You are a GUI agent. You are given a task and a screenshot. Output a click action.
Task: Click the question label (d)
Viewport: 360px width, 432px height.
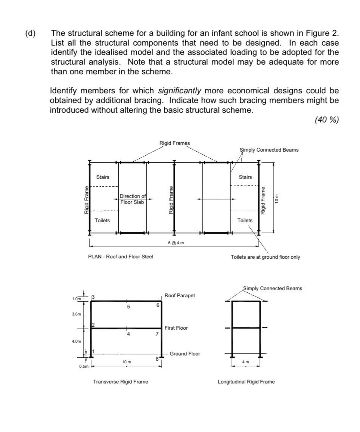point(30,33)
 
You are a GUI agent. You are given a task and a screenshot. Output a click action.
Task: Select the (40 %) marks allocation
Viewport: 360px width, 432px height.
point(326,120)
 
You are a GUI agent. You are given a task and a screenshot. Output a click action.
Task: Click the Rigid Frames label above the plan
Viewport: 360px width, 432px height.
point(174,143)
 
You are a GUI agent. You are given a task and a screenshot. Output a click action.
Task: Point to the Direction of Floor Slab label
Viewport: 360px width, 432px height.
point(132,199)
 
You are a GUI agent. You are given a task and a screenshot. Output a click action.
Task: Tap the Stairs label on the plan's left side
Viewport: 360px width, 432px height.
point(103,177)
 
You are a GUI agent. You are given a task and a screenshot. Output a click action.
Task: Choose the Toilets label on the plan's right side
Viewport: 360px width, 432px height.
point(245,220)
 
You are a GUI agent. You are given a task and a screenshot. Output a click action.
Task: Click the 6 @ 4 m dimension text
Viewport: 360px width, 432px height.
point(176,243)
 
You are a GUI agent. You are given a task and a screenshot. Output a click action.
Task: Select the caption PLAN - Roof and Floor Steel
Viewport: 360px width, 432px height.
point(120,257)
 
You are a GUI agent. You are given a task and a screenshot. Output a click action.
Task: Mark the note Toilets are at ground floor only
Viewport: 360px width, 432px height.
point(265,257)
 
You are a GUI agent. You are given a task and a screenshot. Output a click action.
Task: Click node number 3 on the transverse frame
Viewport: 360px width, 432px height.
point(93,297)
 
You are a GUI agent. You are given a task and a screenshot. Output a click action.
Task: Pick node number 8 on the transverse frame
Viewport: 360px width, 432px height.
point(157,359)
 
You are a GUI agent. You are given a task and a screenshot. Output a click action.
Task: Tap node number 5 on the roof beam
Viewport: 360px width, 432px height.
point(128,307)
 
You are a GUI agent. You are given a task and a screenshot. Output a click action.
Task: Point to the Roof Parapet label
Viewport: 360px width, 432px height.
point(180,295)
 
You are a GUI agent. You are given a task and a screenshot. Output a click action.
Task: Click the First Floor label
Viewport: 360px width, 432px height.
point(176,328)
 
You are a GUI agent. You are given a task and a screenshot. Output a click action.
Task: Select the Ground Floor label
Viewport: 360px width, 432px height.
point(184,354)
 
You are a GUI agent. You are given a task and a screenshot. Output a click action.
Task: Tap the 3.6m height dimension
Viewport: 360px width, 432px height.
point(76,314)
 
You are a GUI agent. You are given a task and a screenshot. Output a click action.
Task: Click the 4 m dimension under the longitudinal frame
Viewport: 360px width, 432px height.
point(245,362)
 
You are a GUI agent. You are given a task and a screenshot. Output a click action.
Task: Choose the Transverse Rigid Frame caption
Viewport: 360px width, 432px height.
point(120,382)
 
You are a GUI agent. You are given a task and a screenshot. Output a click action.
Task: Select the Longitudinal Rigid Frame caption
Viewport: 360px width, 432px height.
point(246,382)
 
